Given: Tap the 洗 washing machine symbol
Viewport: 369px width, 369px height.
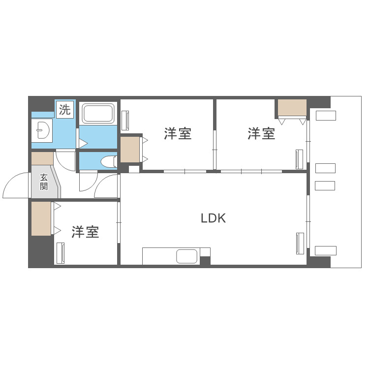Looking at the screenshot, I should [x=65, y=110].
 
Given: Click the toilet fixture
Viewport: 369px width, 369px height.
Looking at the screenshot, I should [x=109, y=161].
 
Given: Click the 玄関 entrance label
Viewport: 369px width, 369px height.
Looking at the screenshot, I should [x=44, y=182].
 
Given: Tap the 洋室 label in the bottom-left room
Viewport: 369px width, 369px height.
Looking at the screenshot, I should [x=85, y=232].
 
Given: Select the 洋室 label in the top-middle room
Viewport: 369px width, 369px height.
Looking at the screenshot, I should [x=178, y=133].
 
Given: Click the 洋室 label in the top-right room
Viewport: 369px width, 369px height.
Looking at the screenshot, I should [x=261, y=133].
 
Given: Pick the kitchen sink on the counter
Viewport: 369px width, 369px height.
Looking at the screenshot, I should [x=186, y=256].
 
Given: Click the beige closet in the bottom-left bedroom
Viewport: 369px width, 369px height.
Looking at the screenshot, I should [x=41, y=218].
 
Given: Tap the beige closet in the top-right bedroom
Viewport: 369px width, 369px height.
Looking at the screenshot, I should [x=292, y=107].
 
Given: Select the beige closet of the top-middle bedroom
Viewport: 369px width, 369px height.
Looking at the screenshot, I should [x=130, y=150].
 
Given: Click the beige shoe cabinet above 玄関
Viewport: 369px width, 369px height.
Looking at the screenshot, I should [x=42, y=158].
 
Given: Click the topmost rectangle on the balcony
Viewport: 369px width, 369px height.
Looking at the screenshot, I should [x=326, y=116].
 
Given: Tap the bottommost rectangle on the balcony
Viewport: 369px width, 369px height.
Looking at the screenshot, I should [x=325, y=250].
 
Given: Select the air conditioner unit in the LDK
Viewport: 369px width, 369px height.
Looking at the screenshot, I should [x=299, y=243].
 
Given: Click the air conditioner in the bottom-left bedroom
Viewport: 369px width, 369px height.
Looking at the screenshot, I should [x=60, y=254].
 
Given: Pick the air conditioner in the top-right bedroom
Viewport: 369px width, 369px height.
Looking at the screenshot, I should [x=299, y=159].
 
